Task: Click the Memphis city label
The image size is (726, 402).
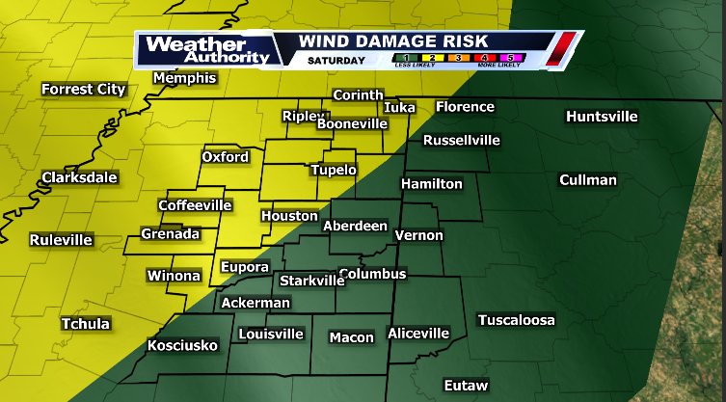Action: point(184,78)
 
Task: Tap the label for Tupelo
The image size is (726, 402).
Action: point(334,170)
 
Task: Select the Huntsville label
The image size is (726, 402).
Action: point(602,117)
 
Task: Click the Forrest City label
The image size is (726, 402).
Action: point(84,90)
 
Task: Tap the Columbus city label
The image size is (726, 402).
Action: point(373,274)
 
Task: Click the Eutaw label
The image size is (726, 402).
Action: point(466,386)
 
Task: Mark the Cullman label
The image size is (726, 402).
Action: point(587,180)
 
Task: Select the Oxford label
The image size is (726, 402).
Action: point(225,157)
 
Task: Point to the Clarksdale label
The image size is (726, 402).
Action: point(79,177)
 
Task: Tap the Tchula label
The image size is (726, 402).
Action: point(85,324)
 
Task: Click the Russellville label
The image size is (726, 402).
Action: point(462,140)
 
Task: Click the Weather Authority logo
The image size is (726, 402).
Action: point(204,50)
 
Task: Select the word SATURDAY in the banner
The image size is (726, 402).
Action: point(336,61)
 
